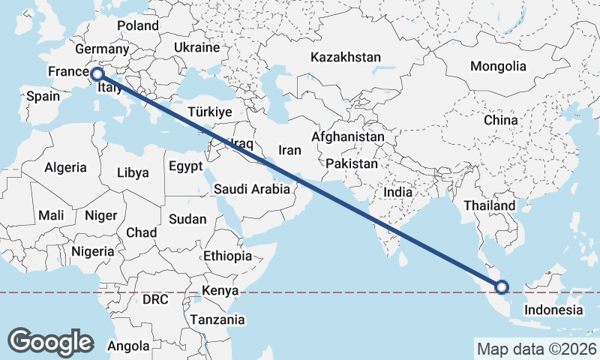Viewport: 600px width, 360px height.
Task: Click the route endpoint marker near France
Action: [97, 74]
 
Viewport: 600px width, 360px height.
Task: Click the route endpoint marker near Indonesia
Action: [502, 286]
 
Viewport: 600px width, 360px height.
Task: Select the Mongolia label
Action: [498, 66]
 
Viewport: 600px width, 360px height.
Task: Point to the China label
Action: [500, 120]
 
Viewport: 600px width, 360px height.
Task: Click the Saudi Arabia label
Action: [251, 189]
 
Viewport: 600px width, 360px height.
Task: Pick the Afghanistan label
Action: [347, 137]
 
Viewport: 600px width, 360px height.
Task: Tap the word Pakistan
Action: [352, 163]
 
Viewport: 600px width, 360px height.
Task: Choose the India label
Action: [397, 192]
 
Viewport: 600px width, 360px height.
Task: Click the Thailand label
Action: [489, 205]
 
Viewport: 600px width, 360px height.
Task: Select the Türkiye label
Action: [210, 112]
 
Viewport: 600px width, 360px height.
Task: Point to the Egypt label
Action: [185, 166]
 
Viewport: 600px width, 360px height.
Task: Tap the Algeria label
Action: [65, 168]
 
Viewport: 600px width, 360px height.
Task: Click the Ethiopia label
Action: [227, 256]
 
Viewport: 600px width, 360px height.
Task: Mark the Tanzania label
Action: [217, 319]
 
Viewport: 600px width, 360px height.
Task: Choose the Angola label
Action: [129, 346]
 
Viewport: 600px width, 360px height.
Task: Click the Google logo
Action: [50, 342]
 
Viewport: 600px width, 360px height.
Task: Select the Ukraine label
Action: [196, 47]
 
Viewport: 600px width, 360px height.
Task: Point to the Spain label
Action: [43, 96]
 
